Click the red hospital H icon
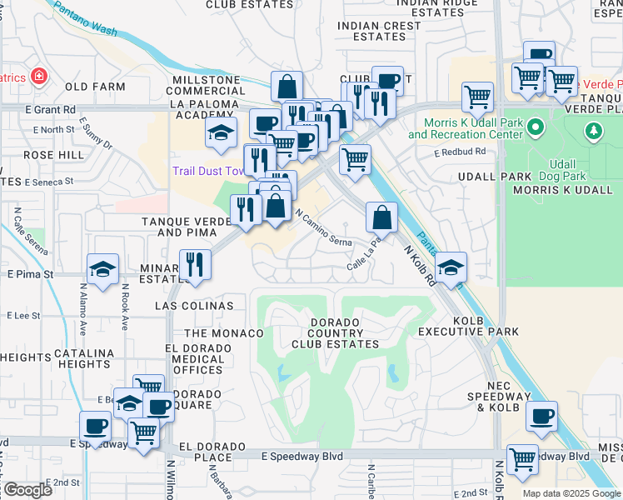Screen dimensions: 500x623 pyautogui.click(x=37, y=77)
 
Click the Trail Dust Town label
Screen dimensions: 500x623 pyautogui.click(x=207, y=171)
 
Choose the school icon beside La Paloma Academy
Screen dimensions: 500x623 pyautogui.click(x=221, y=133)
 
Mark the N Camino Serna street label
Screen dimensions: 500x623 pyautogui.click(x=325, y=226)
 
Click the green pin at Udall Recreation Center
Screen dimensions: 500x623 pyautogui.click(x=536, y=128)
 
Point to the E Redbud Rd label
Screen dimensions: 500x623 pyautogui.click(x=459, y=152)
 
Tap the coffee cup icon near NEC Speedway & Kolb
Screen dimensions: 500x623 pyautogui.click(x=542, y=414)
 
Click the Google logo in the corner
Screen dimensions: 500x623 pyautogui.click(x=27, y=490)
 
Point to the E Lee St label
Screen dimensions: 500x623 pyautogui.click(x=23, y=316)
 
